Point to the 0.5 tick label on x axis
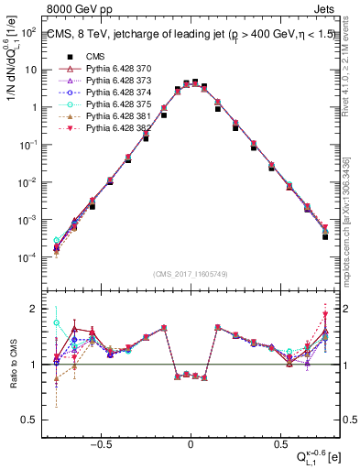coord(277,441)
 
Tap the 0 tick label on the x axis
coord(190,441)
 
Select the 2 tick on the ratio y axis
coord(35,309)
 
